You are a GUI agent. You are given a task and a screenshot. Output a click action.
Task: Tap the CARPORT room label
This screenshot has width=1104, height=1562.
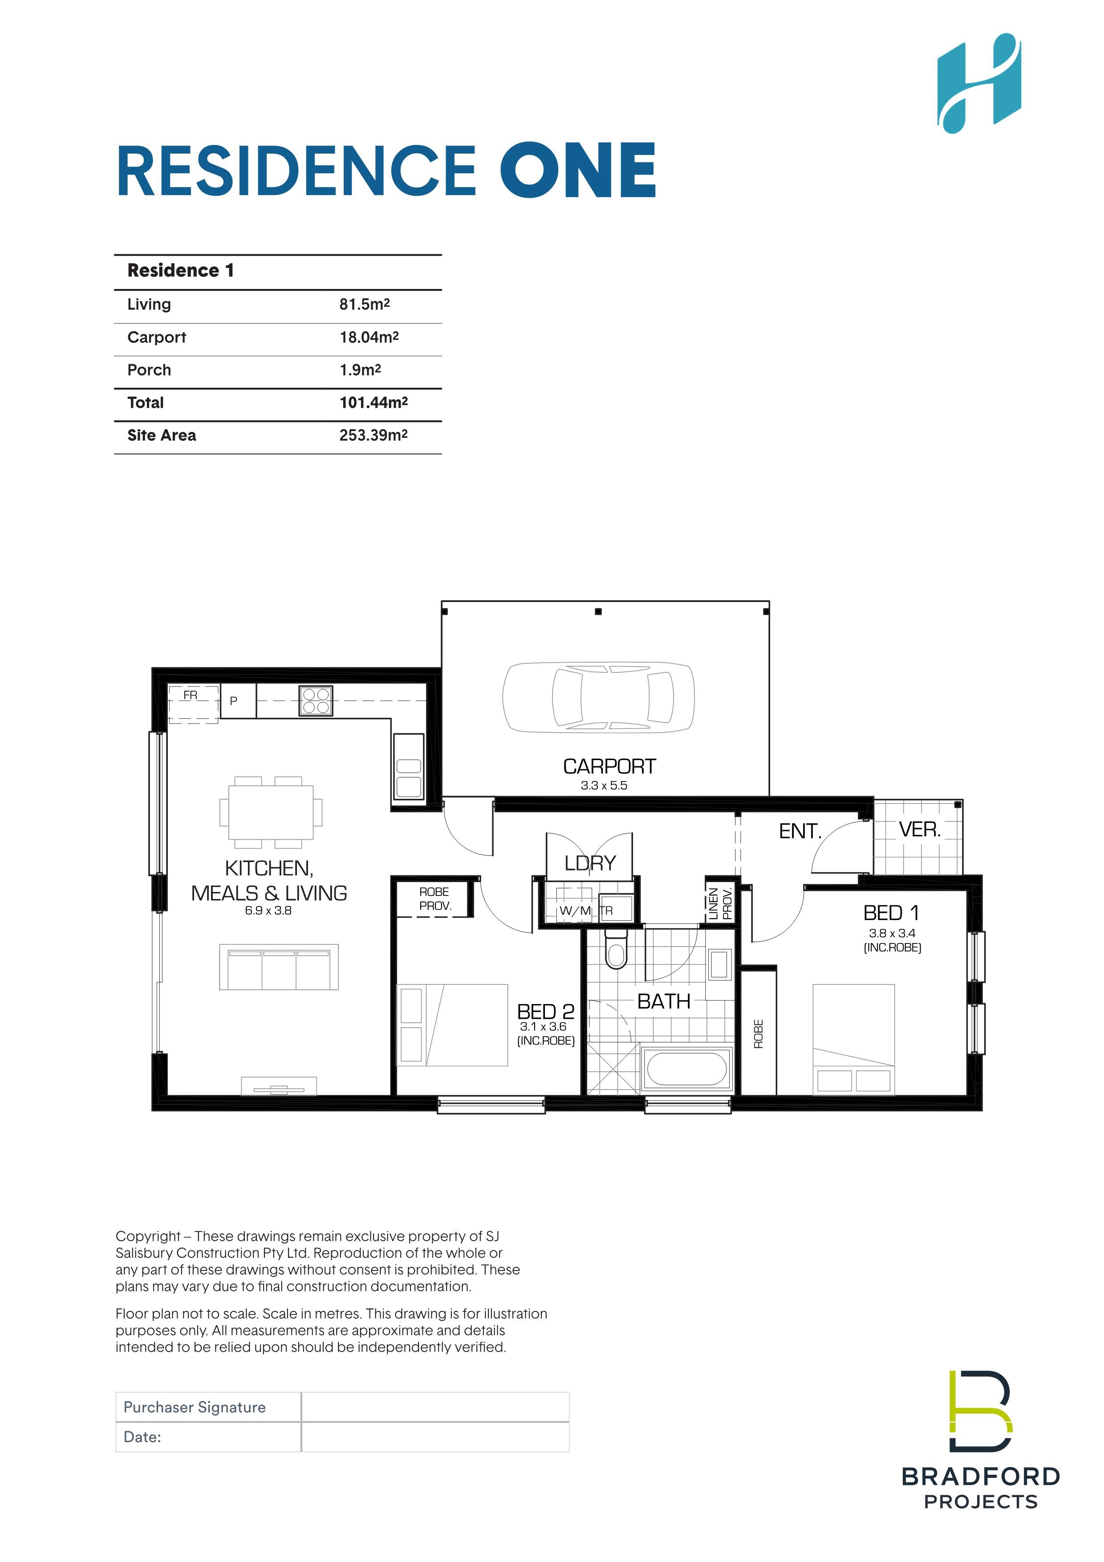pyautogui.click(x=609, y=767)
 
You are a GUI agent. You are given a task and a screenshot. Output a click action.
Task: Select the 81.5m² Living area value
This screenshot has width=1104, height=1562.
pyautogui.click(x=365, y=304)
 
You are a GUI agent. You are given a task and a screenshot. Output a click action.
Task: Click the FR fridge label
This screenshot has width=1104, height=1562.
pyautogui.click(x=191, y=695)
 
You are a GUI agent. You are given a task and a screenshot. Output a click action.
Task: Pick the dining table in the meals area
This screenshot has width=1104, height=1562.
pyautogui.click(x=271, y=812)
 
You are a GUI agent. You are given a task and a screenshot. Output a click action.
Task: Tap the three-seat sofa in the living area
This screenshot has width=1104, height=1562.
pyautogui.click(x=279, y=967)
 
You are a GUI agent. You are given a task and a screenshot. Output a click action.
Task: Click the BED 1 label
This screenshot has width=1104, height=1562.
pyautogui.click(x=891, y=912)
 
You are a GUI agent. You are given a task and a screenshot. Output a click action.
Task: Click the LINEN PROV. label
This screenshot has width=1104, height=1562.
pyautogui.click(x=720, y=903)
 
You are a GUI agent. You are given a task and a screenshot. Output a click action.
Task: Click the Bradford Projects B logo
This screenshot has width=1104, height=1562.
pyautogui.click(x=981, y=1411)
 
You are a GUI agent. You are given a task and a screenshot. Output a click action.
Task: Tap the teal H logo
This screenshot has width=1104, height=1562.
pyautogui.click(x=979, y=82)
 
